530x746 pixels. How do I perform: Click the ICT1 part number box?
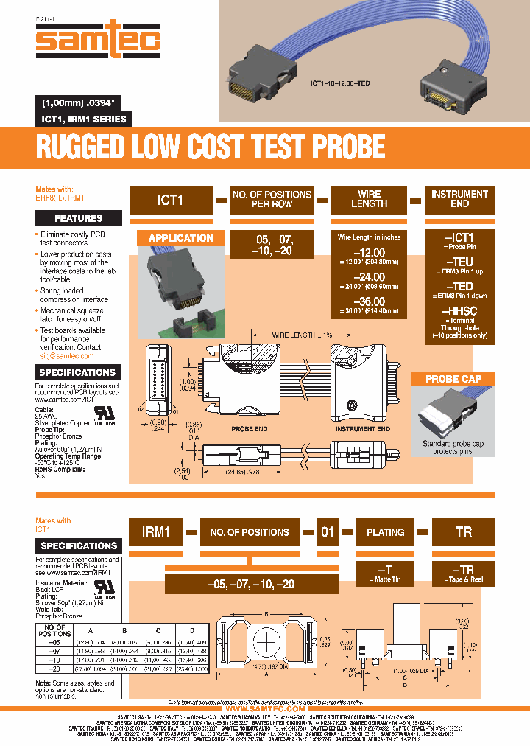point(170,199)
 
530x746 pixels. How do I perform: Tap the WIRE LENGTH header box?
point(369,199)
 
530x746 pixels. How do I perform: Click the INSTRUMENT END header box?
point(459,199)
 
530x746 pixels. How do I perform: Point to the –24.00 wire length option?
point(369,277)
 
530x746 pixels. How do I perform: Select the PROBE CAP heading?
point(453,379)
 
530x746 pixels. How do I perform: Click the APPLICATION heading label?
point(181,238)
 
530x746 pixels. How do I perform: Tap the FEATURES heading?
point(79,218)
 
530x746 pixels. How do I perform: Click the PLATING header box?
point(386,531)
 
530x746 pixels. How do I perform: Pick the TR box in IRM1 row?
point(463,531)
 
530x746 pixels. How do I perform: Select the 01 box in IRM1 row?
point(328,531)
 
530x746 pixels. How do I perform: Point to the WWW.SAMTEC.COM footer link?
point(265,708)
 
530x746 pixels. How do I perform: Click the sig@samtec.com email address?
point(67,356)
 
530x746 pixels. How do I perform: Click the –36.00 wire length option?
point(369,301)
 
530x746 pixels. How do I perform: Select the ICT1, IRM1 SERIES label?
point(82,119)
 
